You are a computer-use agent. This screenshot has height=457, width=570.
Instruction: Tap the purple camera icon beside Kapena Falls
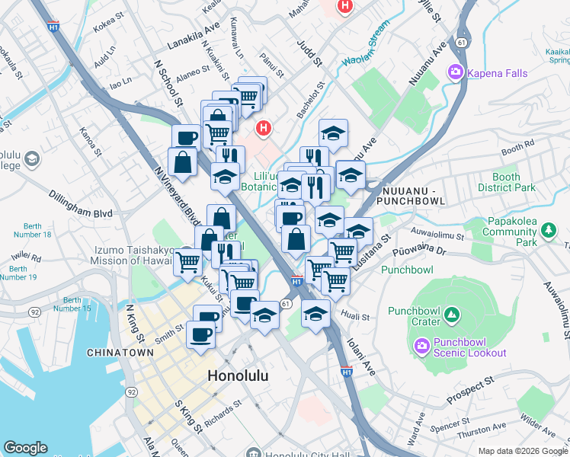coord(456,71)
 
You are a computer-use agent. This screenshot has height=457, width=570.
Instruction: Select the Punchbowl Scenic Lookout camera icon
coord(421,347)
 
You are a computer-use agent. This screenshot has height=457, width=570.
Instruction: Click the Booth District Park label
coord(501,182)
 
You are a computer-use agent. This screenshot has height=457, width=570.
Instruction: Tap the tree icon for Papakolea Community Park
coord(547,229)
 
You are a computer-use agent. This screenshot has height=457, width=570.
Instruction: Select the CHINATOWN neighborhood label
coord(122,353)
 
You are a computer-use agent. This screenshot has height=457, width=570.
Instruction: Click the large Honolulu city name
coord(241,376)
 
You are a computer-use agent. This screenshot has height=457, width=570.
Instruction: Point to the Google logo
coord(25,448)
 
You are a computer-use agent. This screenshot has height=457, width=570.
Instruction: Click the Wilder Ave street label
coord(538,421)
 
